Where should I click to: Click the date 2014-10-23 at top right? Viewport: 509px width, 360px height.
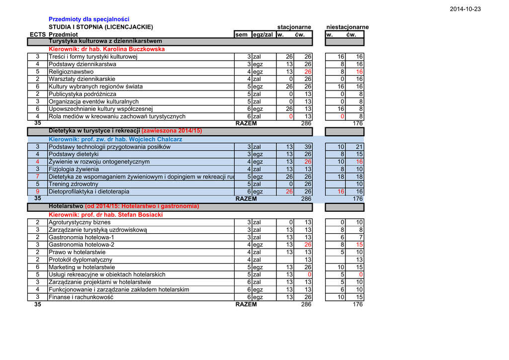[465, 9]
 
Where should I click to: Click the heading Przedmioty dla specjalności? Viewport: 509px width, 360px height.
[89, 19]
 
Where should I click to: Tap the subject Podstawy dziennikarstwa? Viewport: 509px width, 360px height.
[83, 64]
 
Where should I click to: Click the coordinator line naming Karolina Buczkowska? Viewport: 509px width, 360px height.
[106, 49]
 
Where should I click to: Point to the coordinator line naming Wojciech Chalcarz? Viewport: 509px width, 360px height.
[115, 139]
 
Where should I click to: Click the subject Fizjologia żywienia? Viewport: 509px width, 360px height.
[74, 169]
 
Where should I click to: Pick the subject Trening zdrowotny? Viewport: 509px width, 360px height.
[74, 184]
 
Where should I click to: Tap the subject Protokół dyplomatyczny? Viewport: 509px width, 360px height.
[81, 260]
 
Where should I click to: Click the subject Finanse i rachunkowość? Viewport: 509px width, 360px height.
[81, 297]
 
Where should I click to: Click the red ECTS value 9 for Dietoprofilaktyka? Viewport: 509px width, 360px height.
[37, 191]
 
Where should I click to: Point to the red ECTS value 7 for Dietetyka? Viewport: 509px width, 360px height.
[37, 177]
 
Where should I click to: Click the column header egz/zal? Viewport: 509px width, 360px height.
[263, 34]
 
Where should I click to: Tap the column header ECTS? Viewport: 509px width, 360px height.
[37, 34]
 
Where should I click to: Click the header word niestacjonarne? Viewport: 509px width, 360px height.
[347, 27]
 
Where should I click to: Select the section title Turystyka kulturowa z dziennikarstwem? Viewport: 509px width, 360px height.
[105, 41]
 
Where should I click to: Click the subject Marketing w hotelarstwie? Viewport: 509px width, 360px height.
[82, 267]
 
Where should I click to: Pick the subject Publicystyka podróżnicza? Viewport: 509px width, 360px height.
[83, 94]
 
